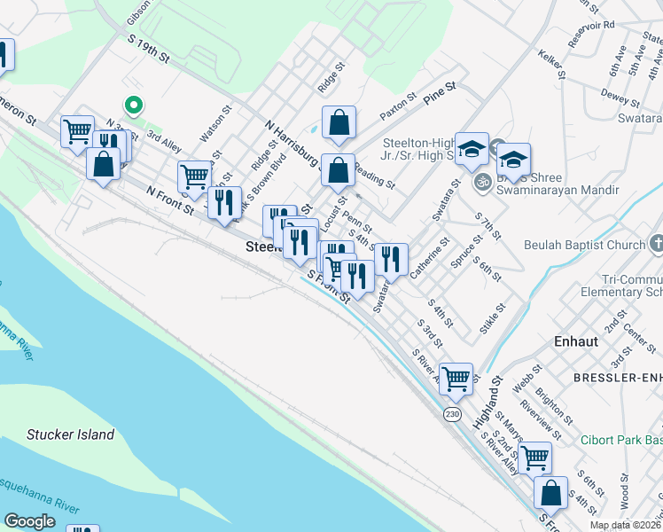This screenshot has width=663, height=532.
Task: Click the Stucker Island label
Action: point(70,434)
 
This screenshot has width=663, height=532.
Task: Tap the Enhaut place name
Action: point(577,340)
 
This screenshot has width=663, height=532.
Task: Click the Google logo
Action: point(29,521)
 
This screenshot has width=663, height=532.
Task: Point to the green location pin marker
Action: point(133,106)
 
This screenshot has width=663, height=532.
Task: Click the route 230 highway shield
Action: point(452,415)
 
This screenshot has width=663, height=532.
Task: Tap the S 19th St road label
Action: point(148,50)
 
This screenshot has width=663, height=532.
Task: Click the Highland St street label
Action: point(489,403)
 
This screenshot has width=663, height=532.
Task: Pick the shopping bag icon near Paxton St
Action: point(339,123)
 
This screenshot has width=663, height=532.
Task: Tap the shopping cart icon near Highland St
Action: point(456,379)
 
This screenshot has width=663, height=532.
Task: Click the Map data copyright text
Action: point(625,525)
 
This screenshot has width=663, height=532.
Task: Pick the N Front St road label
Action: point(170,199)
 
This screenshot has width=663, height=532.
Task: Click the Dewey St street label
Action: point(613,92)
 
